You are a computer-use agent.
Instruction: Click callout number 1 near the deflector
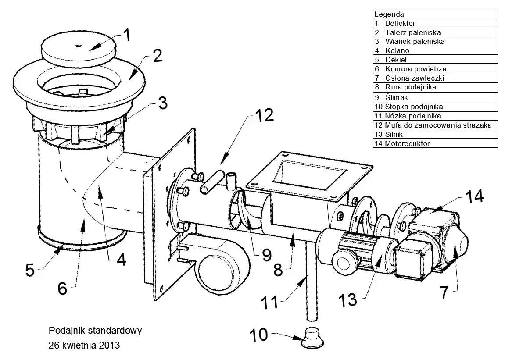point(125,35)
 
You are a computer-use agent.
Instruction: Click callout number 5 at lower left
point(30,270)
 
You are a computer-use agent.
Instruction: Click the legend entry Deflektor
point(400,23)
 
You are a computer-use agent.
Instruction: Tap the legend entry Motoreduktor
point(407,143)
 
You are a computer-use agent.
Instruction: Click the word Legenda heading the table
point(389,14)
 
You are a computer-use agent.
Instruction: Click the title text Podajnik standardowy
point(95,330)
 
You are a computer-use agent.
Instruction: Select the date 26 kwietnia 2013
point(85,345)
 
